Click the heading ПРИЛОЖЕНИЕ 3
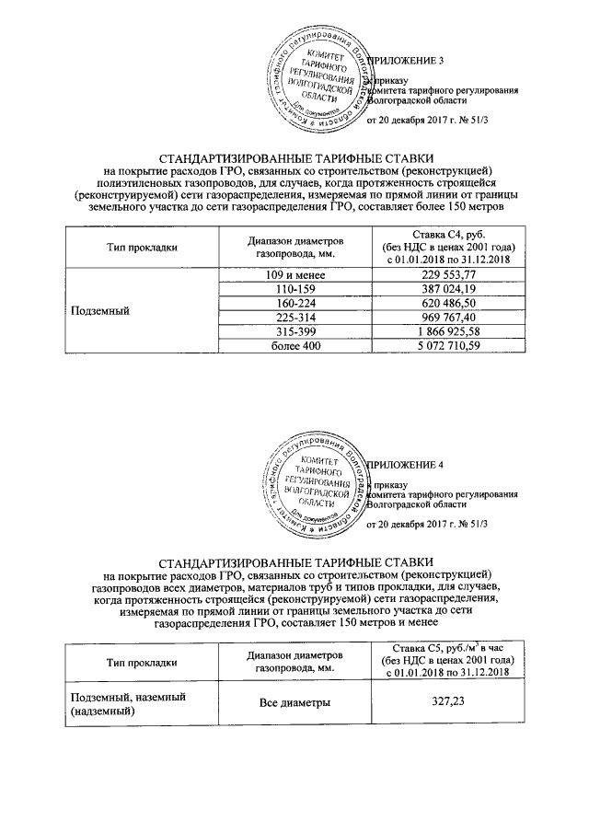click(x=407, y=61)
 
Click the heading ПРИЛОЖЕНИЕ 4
click(x=407, y=465)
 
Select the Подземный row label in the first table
click(x=100, y=311)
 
